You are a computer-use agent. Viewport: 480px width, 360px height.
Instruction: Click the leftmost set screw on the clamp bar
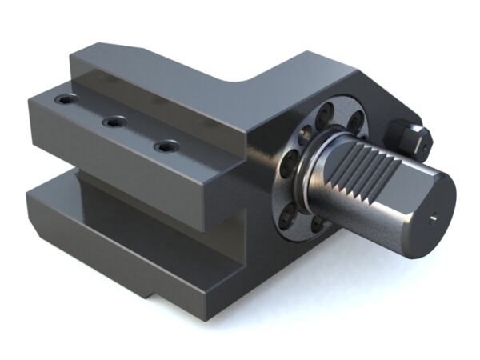(63, 102)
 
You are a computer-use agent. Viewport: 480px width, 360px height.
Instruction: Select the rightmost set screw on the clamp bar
(166, 146)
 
